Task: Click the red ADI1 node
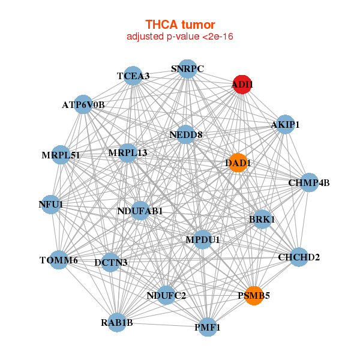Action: pos(242,85)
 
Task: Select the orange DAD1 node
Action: pos(239,162)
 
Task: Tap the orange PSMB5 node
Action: pos(254,295)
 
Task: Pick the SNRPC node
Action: pos(188,69)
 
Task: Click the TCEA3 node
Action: pos(133,76)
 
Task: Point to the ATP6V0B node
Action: pos(83,104)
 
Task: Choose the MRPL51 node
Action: pos(61,155)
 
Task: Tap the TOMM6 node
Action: pos(59,260)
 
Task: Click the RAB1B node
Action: pos(117,323)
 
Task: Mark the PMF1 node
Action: pos(208,327)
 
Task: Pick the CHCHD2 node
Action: pos(299,257)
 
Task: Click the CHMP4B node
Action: pos(309,182)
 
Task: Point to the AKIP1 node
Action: pos(285,125)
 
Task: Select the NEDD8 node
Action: pos(186,134)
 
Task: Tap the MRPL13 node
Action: pos(128,153)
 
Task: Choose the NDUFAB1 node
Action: pos(140,211)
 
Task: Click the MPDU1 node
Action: pos(203,240)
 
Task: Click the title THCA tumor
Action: pos(180,25)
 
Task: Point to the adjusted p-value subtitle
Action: pos(180,37)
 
